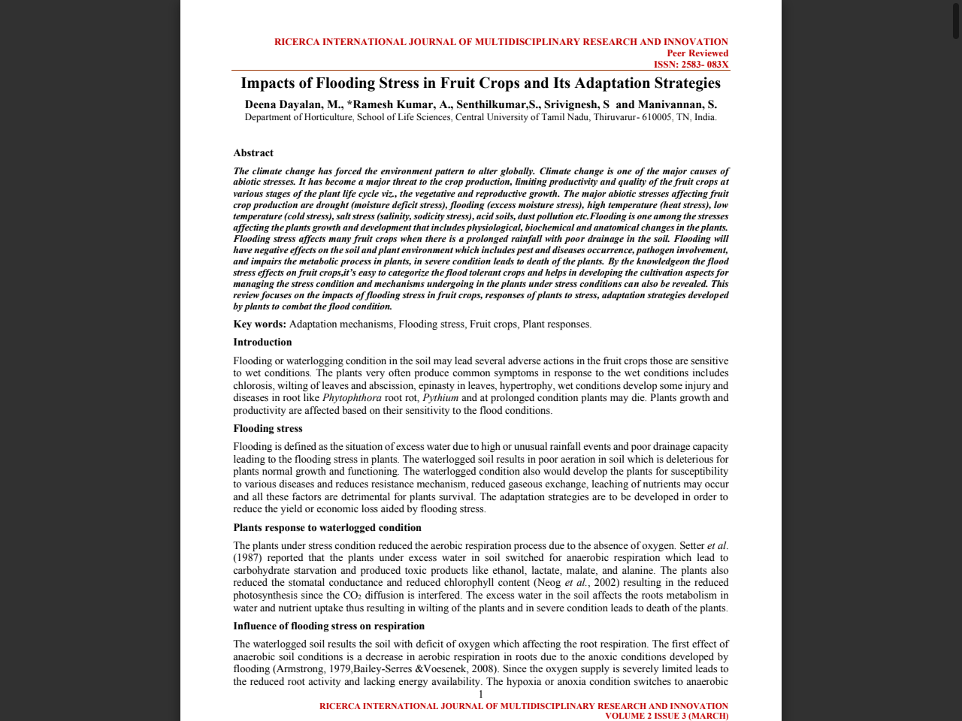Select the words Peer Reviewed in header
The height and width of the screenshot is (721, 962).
tap(697, 53)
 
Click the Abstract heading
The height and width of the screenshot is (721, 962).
tap(253, 153)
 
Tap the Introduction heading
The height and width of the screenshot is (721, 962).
tap(262, 342)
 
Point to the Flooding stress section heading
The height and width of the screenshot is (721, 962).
tap(268, 429)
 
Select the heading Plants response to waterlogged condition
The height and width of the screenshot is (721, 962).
tap(327, 528)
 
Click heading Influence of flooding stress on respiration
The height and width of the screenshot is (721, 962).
tap(328, 626)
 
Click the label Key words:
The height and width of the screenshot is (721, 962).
tap(259, 324)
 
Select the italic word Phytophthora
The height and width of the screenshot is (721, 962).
tap(352, 398)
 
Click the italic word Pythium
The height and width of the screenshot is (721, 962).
tap(440, 398)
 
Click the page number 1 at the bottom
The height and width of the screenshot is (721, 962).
tap(480, 695)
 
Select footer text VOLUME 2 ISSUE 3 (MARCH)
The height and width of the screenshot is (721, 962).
tap(666, 716)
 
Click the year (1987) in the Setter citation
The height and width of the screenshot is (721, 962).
tap(248, 558)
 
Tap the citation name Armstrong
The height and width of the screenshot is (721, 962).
tap(300, 669)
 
